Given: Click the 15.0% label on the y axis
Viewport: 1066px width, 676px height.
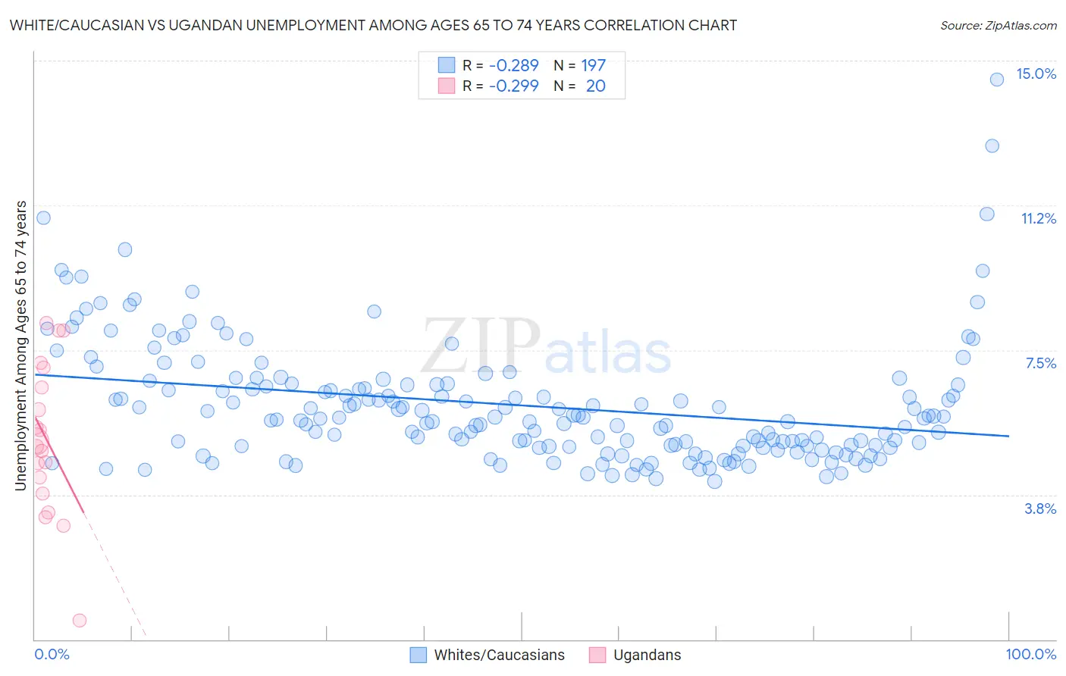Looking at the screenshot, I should click(1036, 74).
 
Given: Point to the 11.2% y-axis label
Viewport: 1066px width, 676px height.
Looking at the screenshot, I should click(1038, 218).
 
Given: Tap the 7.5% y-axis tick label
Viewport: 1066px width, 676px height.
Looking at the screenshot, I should click(1040, 363).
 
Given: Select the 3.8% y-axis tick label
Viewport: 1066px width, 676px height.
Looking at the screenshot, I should click(1040, 509).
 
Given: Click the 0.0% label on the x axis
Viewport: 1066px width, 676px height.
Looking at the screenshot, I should click(52, 654).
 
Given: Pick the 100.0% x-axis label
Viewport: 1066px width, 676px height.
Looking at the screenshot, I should click(1030, 654).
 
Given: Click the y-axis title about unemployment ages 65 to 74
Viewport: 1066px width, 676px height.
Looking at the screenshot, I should click(21, 345).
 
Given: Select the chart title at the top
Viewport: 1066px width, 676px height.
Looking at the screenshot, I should click(373, 25).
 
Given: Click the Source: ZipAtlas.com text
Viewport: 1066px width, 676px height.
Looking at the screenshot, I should click(998, 25).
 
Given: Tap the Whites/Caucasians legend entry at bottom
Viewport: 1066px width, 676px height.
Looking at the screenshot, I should click(488, 655).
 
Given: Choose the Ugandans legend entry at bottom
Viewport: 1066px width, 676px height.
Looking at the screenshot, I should click(635, 655).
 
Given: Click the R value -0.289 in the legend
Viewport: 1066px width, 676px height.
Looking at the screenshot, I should click(513, 65).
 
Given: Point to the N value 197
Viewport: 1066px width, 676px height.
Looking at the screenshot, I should click(593, 65).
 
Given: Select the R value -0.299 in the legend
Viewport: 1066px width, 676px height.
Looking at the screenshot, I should click(513, 86).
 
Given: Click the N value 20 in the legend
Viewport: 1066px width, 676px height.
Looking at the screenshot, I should click(595, 86).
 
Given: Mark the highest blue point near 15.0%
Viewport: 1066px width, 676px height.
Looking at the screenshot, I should click(997, 79).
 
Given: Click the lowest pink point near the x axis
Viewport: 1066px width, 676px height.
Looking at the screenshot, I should click(79, 620).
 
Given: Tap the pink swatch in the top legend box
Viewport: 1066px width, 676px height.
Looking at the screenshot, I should click(447, 86).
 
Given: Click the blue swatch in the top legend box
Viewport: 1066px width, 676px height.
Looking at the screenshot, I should click(447, 65).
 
